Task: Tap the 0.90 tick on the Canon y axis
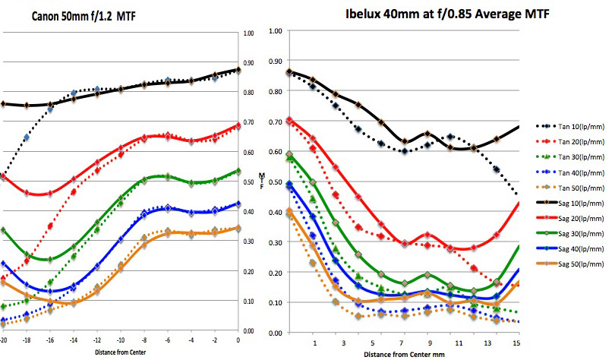click(248, 63)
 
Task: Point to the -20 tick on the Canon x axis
click(3, 339)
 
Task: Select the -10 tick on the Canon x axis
click(120, 339)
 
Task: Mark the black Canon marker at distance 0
click(238, 70)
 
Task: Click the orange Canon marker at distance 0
click(238, 228)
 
